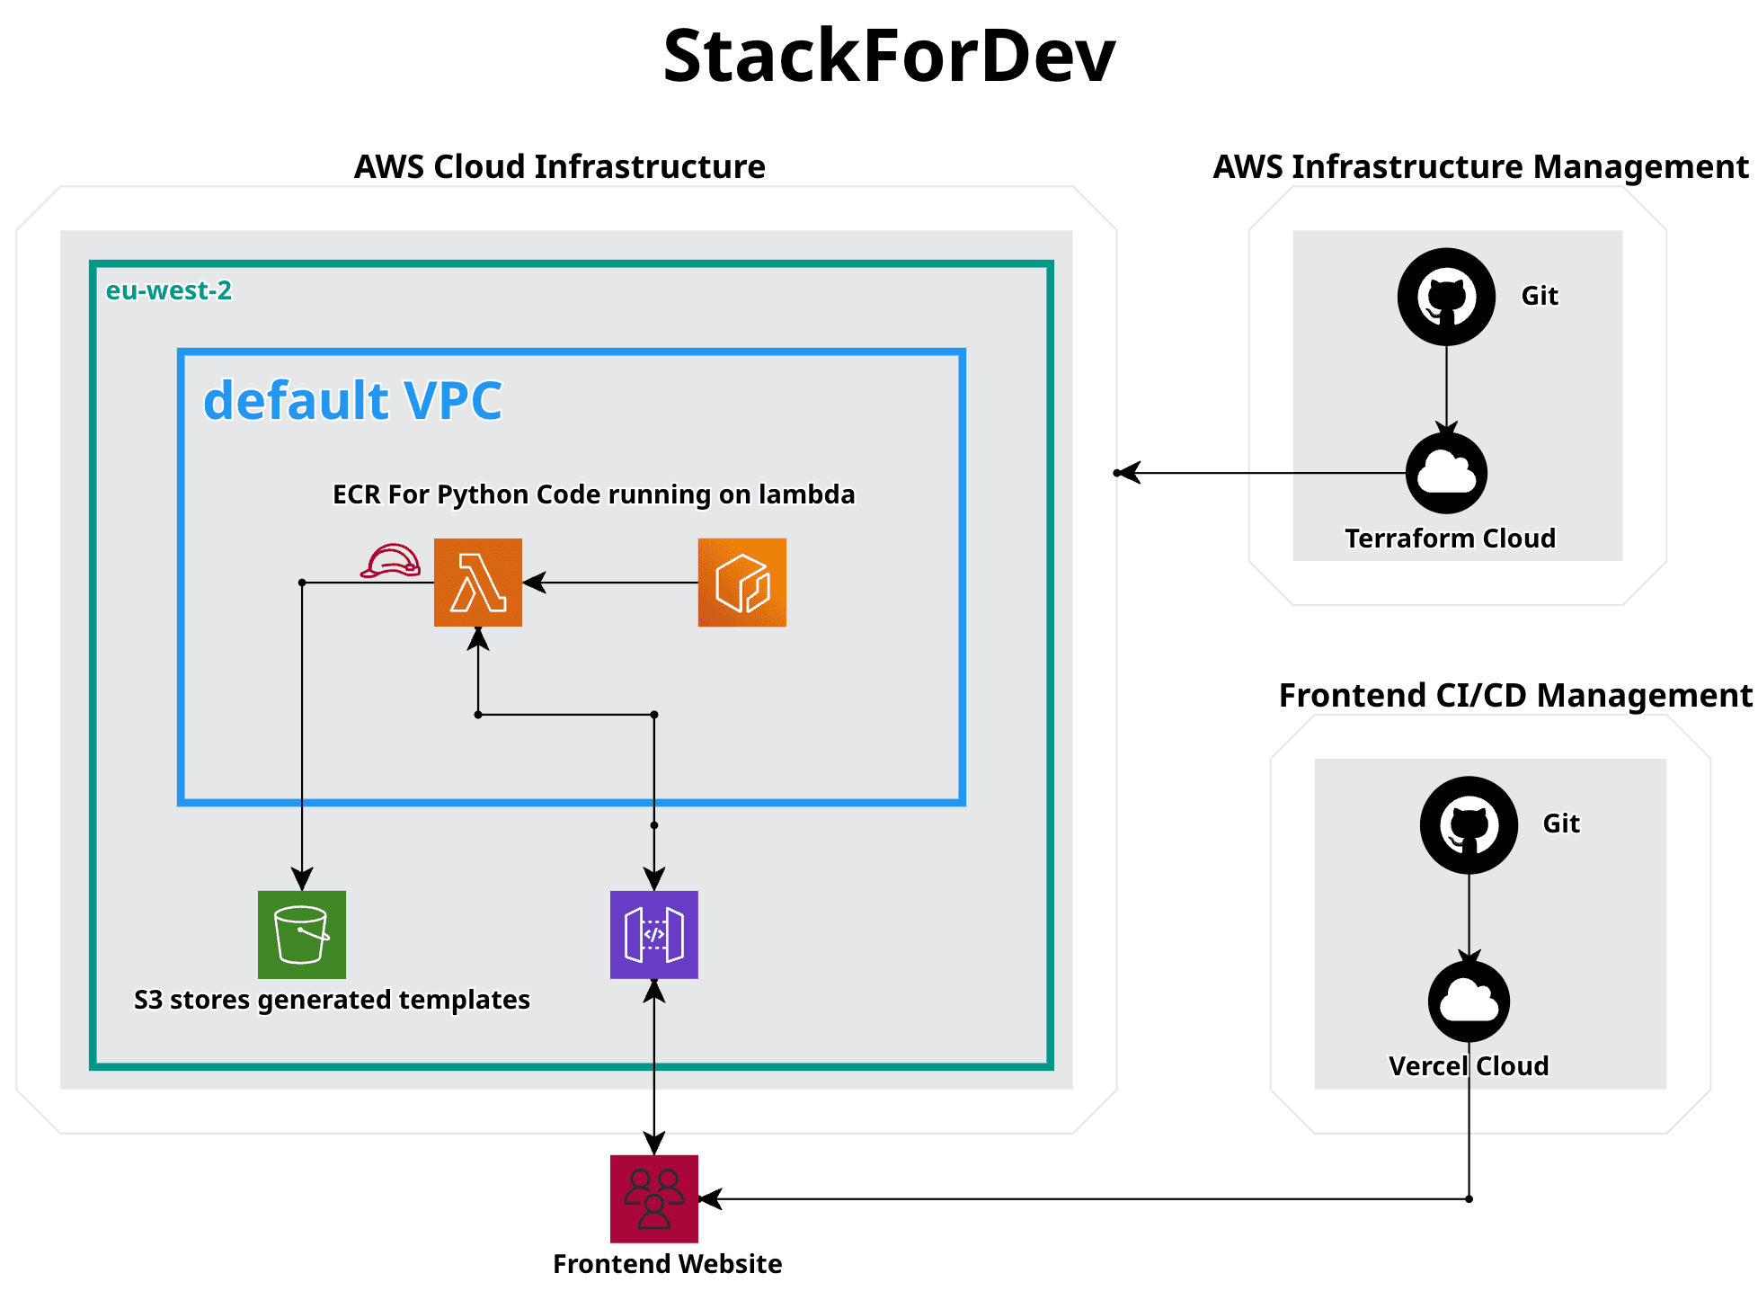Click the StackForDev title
(888, 56)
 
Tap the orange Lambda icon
(477, 583)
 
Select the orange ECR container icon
(741, 583)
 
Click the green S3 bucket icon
(302, 934)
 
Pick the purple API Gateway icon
(653, 934)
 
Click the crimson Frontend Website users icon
(653, 1198)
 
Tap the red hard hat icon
(390, 562)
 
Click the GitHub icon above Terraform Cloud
(1446, 297)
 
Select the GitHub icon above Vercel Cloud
(1469, 824)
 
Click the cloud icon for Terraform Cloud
(1446, 473)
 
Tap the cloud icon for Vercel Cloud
(1469, 1001)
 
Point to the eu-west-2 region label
(169, 290)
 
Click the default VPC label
(352, 400)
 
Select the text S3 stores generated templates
(332, 1000)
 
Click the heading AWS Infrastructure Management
(1480, 167)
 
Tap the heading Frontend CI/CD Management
(1514, 695)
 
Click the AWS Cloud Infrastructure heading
(559, 167)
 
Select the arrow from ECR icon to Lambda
(611, 583)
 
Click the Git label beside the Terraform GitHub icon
(1539, 296)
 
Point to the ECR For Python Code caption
(593, 494)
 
